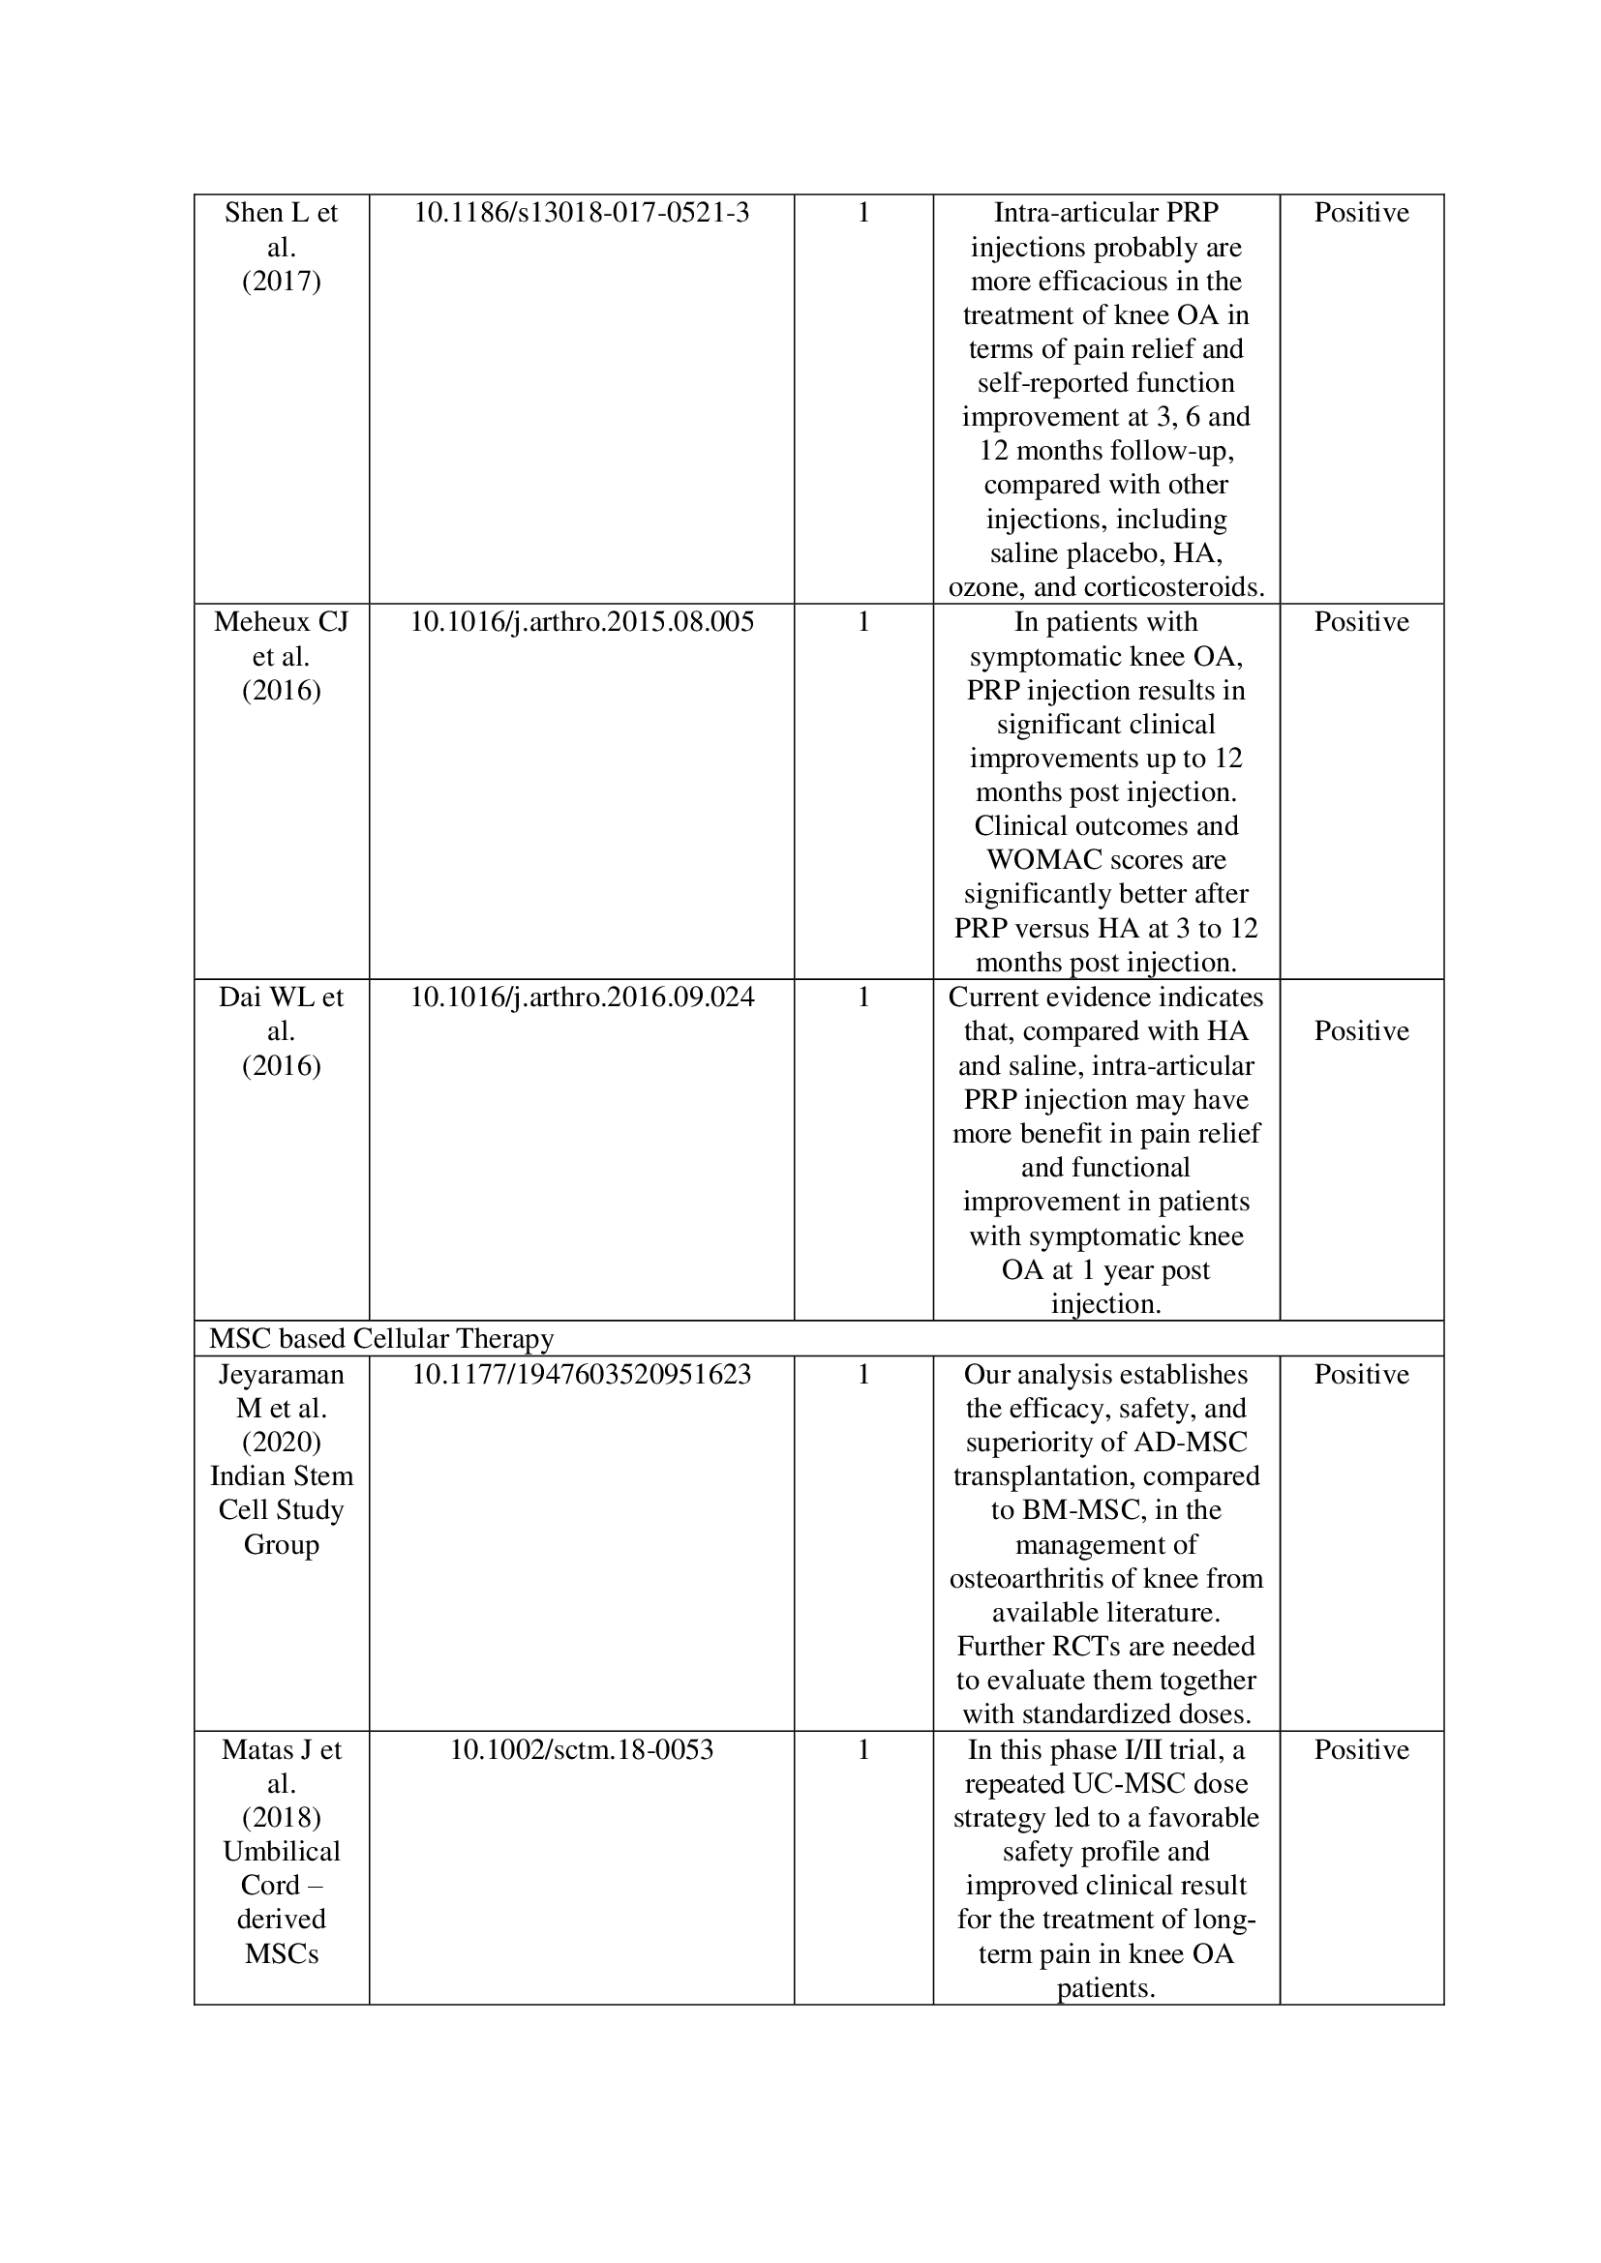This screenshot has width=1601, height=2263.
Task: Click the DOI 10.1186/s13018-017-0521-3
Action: pos(581,213)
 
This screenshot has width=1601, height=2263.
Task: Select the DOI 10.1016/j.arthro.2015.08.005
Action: pos(582,622)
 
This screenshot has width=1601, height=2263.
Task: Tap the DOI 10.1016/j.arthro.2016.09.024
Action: pos(582,998)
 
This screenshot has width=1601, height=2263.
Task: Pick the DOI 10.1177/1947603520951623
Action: pos(582,1374)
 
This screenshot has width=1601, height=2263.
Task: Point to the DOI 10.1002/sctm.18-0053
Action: pos(582,1749)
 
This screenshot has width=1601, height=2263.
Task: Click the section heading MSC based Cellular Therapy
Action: pos(381,1338)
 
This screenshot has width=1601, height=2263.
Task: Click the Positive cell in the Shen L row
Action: pos(1362,213)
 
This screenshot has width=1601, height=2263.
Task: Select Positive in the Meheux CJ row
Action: pos(1362,622)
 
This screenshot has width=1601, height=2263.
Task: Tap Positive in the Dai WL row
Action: pos(1362,1031)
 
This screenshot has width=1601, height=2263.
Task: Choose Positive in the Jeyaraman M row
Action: pos(1362,1374)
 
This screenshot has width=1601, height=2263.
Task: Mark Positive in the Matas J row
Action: pos(1362,1749)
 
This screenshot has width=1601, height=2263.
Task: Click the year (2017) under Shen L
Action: pos(282,282)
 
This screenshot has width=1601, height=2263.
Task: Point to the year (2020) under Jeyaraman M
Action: pos(282,1442)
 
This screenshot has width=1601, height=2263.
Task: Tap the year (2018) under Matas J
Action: pos(282,1818)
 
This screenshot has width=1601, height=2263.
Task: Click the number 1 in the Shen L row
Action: pos(863,213)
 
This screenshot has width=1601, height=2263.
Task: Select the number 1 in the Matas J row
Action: pos(863,1749)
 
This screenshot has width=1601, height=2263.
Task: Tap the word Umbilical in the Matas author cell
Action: pos(282,1851)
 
